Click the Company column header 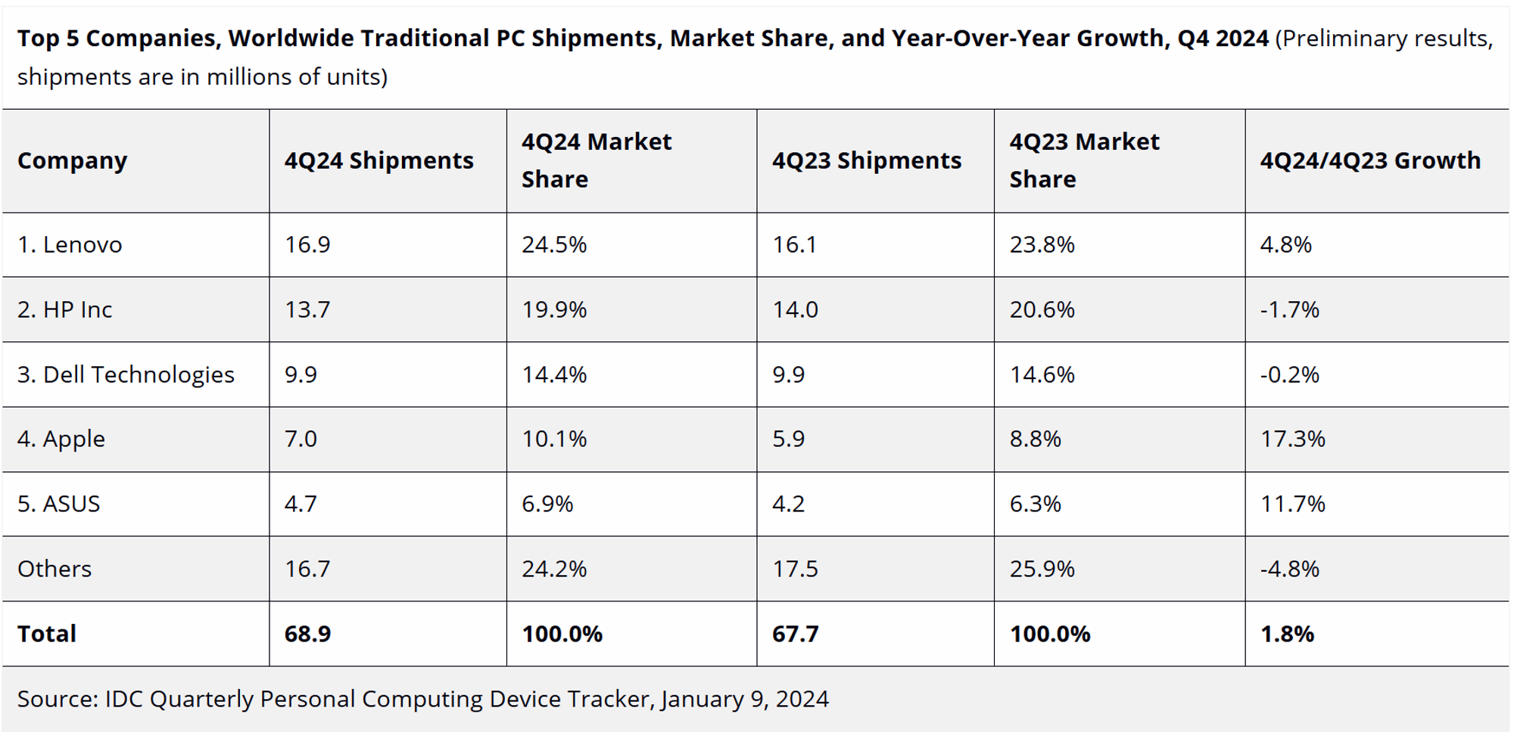73,160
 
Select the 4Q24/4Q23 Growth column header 1370,160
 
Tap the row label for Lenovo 70,244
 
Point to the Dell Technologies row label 126,374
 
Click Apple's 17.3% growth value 1292,439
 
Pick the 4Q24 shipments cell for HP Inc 307,309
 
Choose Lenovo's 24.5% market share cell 554,244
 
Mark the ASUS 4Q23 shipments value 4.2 788,504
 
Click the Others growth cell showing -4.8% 1289,569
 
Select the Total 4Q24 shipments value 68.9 307,634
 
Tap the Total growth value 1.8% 1287,634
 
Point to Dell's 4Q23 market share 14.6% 1042,374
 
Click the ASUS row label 59,504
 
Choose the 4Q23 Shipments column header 867,160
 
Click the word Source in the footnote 57,699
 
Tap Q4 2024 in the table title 1223,38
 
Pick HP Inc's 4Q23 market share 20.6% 1042,309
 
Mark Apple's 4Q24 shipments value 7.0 301,439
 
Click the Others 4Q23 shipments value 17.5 795,569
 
